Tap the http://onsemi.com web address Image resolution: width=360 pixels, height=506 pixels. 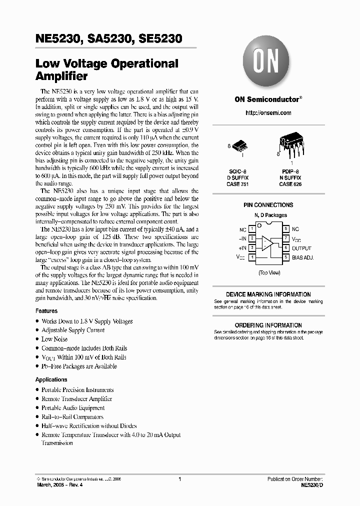[x=268, y=113]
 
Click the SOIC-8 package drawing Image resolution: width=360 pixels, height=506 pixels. [x=241, y=146]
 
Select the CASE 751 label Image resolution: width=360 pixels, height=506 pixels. [x=238, y=184]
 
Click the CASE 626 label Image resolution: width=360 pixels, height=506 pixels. [x=290, y=184]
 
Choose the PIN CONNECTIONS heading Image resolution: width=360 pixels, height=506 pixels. [x=268, y=205]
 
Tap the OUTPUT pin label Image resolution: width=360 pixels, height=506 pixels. [x=301, y=248]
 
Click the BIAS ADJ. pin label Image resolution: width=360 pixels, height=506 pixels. [x=303, y=257]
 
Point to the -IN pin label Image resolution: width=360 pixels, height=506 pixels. [x=243, y=238]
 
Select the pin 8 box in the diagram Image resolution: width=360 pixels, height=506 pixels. [x=286, y=229]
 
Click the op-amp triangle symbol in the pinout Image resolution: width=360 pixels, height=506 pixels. [x=268, y=243]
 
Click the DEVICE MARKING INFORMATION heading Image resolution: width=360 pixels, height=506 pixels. [x=268, y=294]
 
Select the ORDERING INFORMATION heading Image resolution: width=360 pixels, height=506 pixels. [x=268, y=325]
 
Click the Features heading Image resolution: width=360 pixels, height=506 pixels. [x=46, y=311]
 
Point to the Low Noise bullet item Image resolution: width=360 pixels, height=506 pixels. [x=54, y=339]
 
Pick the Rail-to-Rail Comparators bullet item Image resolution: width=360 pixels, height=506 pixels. [x=72, y=417]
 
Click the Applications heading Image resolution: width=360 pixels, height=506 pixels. [x=51, y=379]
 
